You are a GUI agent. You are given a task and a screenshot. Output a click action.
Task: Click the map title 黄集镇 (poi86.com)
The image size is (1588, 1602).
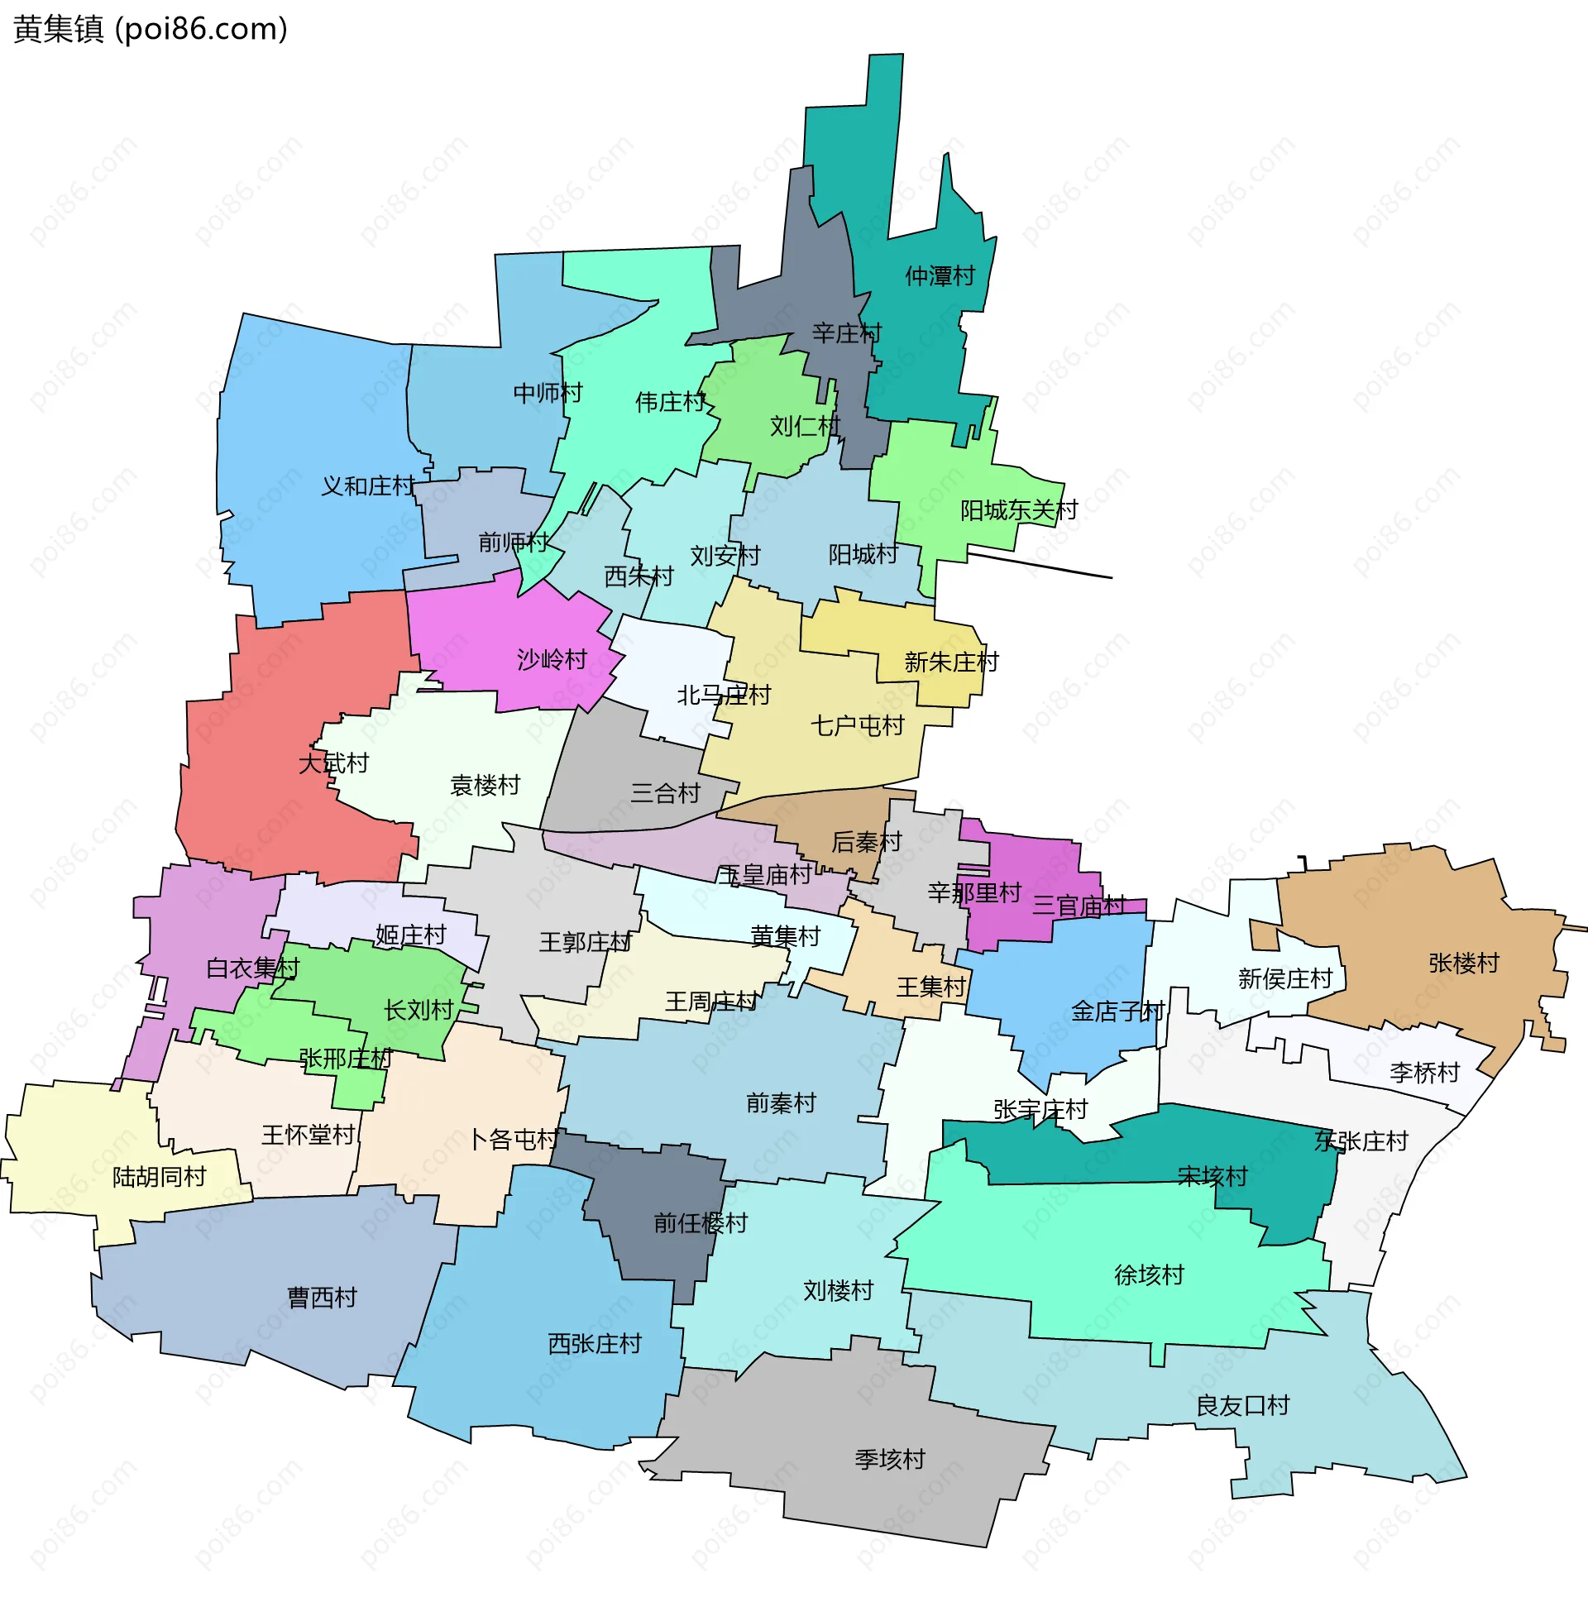coord(150,29)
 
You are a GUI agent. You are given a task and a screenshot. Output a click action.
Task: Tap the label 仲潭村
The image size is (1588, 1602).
coord(940,276)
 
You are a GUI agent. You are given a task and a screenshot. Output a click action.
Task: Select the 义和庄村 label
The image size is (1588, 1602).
coord(368,486)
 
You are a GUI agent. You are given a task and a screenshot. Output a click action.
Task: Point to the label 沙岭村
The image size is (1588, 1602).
coord(552,660)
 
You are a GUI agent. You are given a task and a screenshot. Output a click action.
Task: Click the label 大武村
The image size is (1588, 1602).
coord(333,763)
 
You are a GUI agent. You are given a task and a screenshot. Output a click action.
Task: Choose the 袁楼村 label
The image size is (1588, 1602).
coord(485,785)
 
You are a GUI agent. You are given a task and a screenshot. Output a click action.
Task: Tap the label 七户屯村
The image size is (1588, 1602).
coord(857,726)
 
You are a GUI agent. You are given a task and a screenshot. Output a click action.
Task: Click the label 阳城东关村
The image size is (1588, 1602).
coord(1018,511)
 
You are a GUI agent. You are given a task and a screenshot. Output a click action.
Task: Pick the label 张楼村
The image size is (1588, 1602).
coord(1464,964)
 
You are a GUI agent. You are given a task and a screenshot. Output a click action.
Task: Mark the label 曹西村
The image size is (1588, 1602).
coord(322,1298)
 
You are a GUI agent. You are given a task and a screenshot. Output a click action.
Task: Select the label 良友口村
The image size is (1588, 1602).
coord(1242,1405)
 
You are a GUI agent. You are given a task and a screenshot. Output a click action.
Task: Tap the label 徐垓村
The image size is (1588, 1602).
coord(1149,1275)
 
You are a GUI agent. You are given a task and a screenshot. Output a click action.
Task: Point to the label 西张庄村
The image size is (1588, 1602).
coord(595,1344)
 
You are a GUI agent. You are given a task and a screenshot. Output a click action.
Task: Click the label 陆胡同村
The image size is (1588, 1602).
coord(160,1178)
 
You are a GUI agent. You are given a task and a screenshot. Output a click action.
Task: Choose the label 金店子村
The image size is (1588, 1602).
coord(1117,1011)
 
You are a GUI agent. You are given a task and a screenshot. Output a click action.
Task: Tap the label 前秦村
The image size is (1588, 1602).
coord(781,1103)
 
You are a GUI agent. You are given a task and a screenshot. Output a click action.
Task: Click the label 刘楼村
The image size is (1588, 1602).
coord(839,1291)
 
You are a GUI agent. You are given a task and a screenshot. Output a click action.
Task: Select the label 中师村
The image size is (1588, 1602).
coord(548,393)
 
